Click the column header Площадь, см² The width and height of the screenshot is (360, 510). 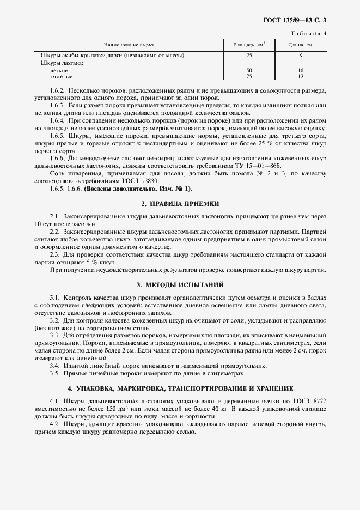click(x=249, y=44)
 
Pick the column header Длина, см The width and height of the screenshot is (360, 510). click(x=300, y=44)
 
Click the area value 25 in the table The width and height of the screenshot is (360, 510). click(x=249, y=56)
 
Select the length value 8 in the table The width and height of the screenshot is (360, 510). click(x=300, y=56)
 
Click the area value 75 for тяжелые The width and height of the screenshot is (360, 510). click(x=249, y=77)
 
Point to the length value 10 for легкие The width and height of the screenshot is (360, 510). click(x=300, y=71)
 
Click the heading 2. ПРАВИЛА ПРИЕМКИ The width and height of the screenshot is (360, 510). click(x=180, y=203)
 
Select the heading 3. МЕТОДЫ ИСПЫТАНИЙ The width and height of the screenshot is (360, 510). click(x=180, y=285)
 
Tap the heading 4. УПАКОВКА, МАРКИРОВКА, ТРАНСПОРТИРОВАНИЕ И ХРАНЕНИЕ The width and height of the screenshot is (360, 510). click(x=180, y=388)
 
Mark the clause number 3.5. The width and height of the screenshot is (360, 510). click(x=54, y=373)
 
